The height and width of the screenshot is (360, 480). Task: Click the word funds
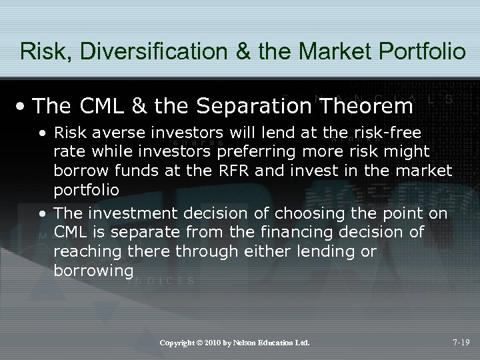click(126, 171)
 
